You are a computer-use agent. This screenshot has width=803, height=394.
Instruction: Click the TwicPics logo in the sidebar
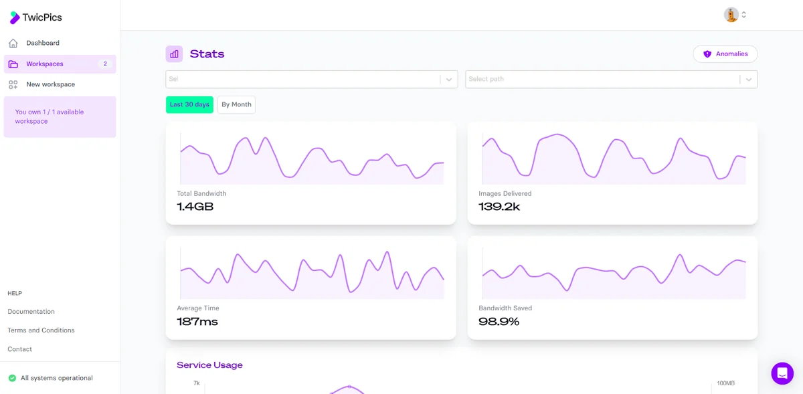click(35, 17)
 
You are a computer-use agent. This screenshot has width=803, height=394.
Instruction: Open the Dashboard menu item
click(43, 43)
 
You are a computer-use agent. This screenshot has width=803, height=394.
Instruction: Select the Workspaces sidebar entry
click(44, 64)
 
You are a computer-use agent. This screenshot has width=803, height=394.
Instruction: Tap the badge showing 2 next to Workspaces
click(105, 64)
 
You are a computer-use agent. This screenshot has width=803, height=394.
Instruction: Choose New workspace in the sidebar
click(51, 84)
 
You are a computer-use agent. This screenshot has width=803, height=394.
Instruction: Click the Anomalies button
click(725, 54)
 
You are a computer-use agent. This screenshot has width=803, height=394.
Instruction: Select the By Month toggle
click(236, 104)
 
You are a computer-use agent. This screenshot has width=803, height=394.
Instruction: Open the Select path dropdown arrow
click(749, 79)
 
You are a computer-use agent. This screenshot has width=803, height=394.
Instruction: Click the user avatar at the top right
click(731, 15)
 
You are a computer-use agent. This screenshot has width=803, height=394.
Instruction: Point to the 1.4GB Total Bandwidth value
click(195, 207)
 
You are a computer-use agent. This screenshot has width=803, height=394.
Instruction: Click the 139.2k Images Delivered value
click(499, 207)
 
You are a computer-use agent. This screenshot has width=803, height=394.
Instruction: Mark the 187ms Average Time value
click(197, 321)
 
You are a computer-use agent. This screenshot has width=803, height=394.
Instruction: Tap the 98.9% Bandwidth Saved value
click(499, 321)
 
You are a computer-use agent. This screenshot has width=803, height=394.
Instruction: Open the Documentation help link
click(31, 312)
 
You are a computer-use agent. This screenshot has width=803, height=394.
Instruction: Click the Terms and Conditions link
click(41, 330)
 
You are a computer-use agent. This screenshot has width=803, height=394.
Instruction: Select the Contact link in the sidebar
click(19, 349)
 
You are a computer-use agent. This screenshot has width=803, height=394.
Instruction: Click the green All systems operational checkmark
click(12, 378)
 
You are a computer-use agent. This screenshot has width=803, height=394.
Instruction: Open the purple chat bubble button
click(782, 373)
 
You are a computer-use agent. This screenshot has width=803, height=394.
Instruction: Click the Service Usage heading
click(209, 365)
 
